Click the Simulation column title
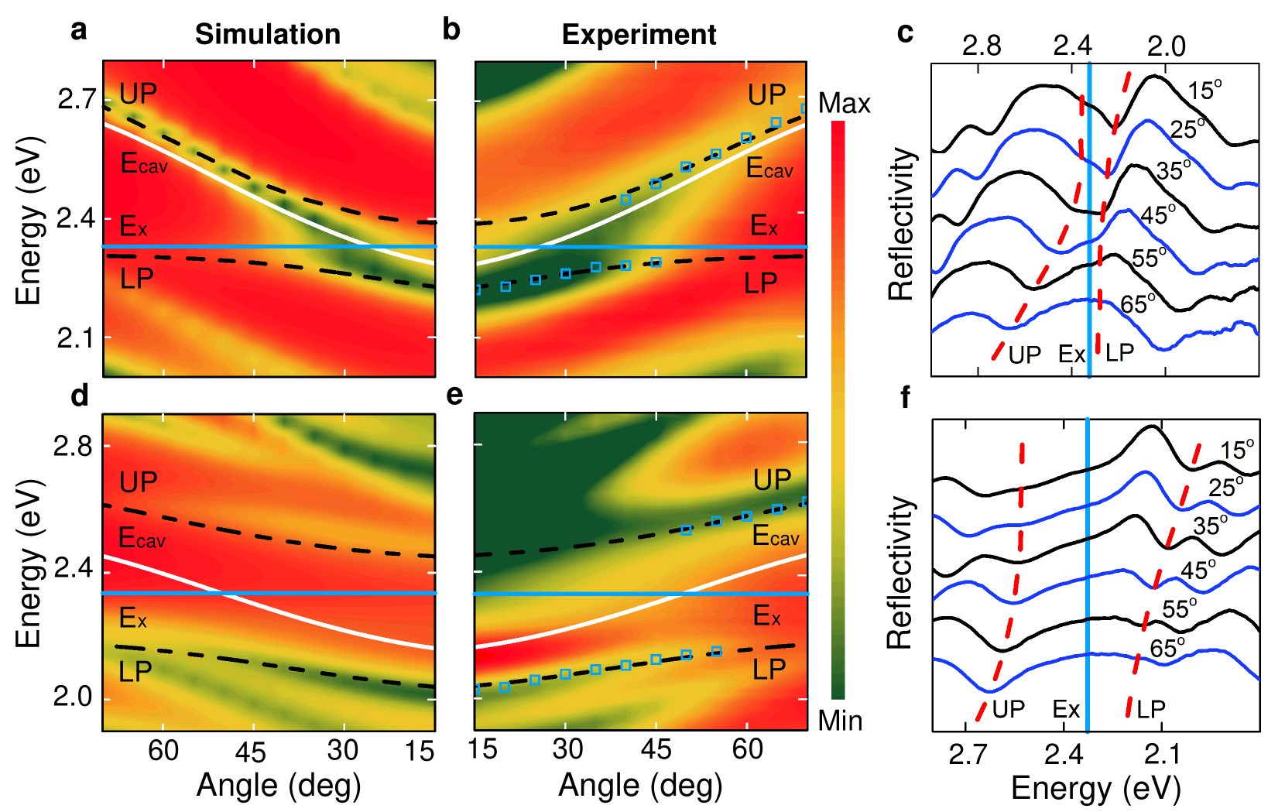point(267,34)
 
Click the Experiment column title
point(639,35)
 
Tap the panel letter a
point(78,30)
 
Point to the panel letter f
point(905,397)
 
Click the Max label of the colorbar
point(844,103)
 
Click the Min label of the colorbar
point(840,721)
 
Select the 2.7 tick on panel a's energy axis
point(77,99)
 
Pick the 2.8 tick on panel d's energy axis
point(72,446)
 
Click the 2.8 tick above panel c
point(981,46)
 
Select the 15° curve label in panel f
point(1237,450)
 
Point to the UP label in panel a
point(138,94)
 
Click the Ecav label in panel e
point(776,536)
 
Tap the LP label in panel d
point(135,672)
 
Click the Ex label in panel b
point(764,226)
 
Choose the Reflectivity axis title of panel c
point(901,224)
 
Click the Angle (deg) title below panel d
point(279,785)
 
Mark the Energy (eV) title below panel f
point(1095,788)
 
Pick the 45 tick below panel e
point(656,749)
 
